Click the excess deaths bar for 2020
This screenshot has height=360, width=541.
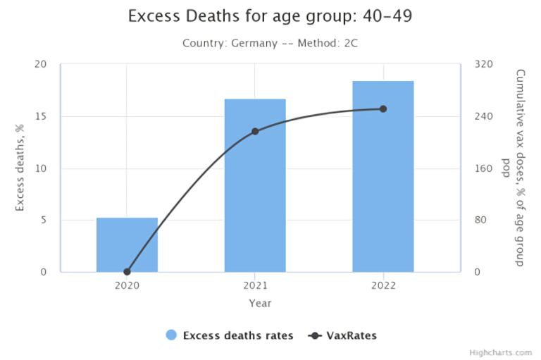pyautogui.click(x=127, y=244)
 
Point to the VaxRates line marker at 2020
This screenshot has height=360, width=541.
pyautogui.click(x=128, y=271)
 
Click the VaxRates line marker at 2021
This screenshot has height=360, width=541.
pyautogui.click(x=255, y=132)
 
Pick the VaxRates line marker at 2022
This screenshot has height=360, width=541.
pyautogui.click(x=383, y=108)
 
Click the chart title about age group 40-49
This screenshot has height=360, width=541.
pyautogui.click(x=271, y=16)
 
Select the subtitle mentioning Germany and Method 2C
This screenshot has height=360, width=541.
pyautogui.click(x=271, y=43)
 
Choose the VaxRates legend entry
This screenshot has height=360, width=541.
pyautogui.click(x=343, y=335)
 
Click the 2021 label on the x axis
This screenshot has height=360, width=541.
pyautogui.click(x=255, y=285)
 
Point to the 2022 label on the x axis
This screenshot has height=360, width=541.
pyautogui.click(x=383, y=285)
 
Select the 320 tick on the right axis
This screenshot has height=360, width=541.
pyautogui.click(x=483, y=65)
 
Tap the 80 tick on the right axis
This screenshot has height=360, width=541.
pyautogui.click(x=481, y=220)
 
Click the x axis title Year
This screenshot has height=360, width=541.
pyautogui.click(x=259, y=303)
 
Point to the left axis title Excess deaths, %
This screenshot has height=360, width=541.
pyautogui.click(x=20, y=168)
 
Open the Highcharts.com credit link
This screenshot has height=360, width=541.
pyautogui.click(x=502, y=352)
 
